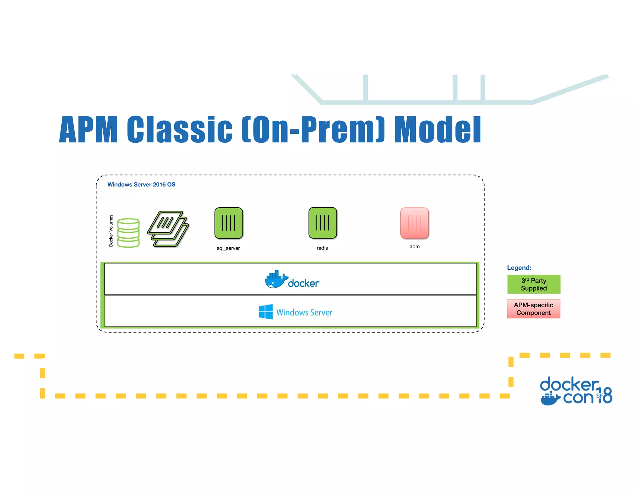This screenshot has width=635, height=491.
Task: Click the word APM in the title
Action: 88,129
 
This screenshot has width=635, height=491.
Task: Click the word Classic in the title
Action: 180,129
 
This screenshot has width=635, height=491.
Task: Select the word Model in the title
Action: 437,129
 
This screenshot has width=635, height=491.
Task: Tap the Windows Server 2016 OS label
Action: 141,184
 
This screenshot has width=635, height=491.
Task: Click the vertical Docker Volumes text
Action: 111,231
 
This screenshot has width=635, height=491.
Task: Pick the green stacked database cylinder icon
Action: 128,233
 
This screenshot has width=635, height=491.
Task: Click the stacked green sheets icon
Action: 168,229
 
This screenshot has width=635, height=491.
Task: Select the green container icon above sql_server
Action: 229,223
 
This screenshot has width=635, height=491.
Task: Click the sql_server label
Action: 228,248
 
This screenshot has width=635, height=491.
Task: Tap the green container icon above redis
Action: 322,223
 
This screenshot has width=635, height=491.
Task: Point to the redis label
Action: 322,248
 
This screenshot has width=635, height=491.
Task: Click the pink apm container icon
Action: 415,223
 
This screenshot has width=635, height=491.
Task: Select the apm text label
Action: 415,246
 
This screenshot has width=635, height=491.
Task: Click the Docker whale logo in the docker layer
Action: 275,279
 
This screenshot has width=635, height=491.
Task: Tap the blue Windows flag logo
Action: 266,312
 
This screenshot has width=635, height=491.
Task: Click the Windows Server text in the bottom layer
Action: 304,312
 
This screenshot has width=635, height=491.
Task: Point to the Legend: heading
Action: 519,268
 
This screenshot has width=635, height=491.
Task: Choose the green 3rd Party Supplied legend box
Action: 534,284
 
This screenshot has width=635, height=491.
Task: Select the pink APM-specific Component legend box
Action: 533,309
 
